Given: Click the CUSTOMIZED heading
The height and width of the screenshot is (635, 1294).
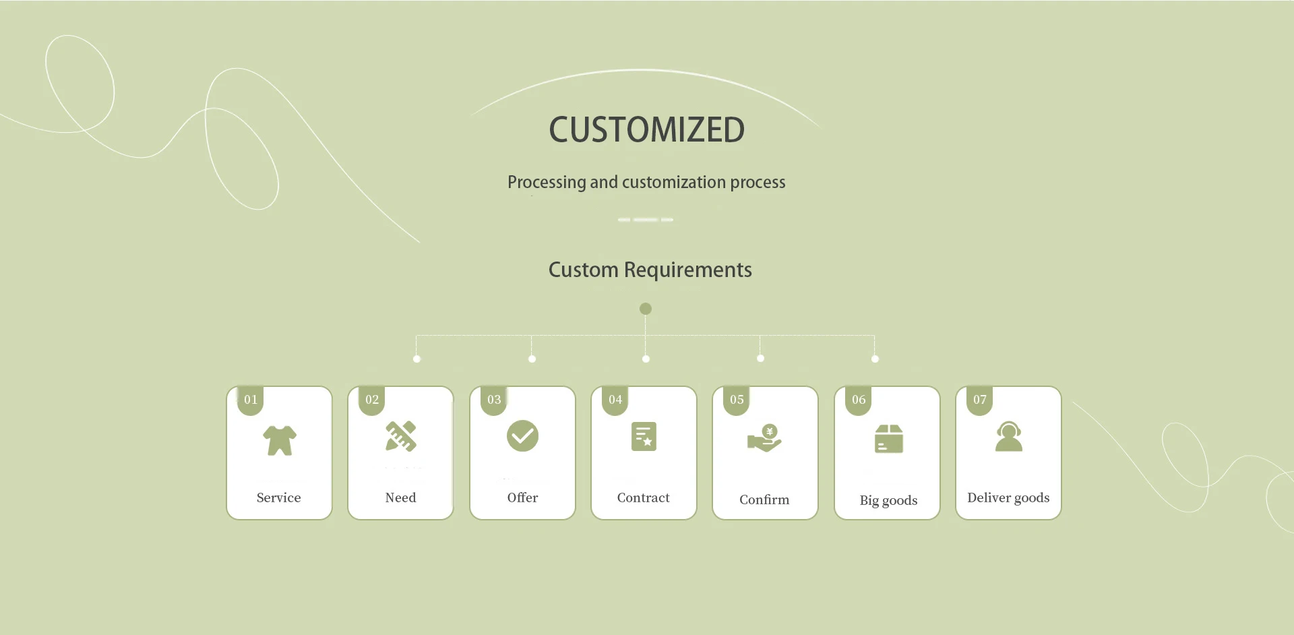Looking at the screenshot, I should tap(646, 129).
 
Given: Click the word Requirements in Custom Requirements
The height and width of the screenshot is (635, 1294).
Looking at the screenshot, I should tap(687, 270).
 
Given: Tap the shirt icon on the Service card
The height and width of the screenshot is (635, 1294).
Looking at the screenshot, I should tap(279, 440).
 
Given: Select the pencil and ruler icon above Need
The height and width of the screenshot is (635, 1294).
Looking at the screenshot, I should tap(401, 436).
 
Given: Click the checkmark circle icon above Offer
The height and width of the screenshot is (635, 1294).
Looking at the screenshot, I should tap(522, 436).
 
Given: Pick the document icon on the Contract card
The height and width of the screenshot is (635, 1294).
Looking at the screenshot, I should tap(644, 437).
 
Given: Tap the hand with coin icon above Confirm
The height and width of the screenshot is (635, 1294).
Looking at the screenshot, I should tap(764, 438).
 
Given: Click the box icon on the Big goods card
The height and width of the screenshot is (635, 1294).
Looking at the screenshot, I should tap(888, 439).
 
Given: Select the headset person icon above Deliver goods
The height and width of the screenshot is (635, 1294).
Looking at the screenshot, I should tap(1008, 437).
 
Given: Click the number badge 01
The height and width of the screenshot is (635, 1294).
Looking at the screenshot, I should tap(251, 400).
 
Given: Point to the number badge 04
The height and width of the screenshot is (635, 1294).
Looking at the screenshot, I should tap(615, 400).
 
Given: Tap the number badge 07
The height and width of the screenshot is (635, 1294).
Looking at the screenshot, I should tap(979, 400).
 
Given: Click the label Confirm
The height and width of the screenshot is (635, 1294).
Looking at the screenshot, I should tap(764, 500).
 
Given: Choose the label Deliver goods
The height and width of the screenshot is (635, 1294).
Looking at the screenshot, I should tap(1008, 497).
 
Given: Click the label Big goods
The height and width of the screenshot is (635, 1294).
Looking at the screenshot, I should tap(888, 500).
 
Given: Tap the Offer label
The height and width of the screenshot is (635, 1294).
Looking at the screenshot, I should tap(522, 497).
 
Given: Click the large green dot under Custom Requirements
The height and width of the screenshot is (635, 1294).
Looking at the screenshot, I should tap(646, 309).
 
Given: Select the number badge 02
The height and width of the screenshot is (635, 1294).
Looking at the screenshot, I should tap(372, 400).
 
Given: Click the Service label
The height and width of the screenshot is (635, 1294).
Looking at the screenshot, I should tap(278, 497).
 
